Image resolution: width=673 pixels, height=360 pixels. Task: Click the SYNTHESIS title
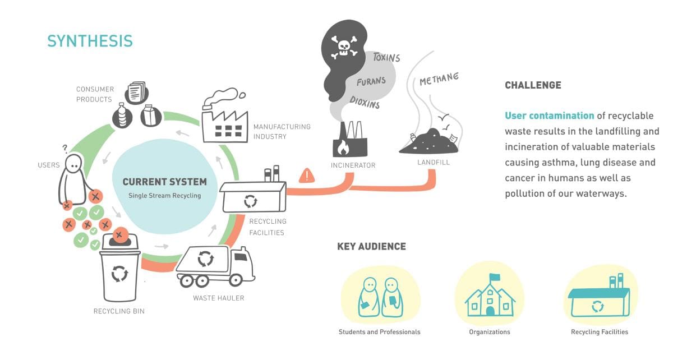[x=90, y=41]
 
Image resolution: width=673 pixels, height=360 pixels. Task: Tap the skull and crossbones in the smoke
[x=344, y=47]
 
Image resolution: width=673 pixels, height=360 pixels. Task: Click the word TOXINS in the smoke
[x=387, y=57]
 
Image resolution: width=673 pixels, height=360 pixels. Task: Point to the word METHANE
[x=439, y=79]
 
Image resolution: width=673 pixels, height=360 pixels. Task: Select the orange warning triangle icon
[x=307, y=176]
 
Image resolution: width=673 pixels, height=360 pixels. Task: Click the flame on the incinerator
[x=342, y=147]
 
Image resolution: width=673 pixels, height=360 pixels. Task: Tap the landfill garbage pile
[x=427, y=141]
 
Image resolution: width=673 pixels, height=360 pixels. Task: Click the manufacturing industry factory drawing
[x=223, y=118]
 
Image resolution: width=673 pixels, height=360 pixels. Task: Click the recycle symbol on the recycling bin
[x=120, y=273]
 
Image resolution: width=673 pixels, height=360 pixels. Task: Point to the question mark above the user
[x=65, y=149]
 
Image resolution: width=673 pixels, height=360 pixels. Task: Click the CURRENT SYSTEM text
[x=164, y=182]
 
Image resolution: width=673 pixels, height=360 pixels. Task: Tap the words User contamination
[x=549, y=116]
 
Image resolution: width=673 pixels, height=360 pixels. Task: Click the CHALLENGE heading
[x=533, y=86]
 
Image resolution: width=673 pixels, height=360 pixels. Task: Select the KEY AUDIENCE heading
[x=371, y=247]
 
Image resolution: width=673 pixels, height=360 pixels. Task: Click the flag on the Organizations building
[x=494, y=278]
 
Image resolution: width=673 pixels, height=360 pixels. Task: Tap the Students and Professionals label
[x=379, y=332]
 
